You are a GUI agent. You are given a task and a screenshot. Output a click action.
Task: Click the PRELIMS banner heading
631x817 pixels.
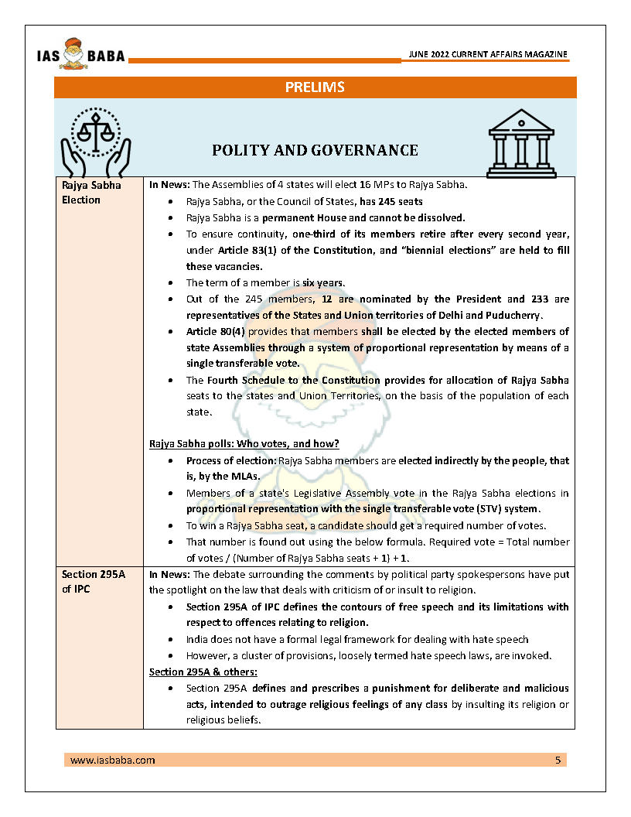315,87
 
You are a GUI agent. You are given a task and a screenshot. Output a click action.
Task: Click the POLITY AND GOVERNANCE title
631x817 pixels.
315,150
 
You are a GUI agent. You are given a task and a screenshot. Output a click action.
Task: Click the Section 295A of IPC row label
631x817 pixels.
90,582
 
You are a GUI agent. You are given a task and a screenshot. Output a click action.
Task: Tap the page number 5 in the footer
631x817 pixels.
558,760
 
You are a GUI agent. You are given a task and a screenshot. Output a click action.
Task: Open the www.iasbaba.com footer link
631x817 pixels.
112,760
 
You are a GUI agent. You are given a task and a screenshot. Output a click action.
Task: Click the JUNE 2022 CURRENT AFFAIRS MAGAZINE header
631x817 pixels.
487,54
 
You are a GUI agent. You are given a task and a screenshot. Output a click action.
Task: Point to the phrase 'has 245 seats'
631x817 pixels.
390,201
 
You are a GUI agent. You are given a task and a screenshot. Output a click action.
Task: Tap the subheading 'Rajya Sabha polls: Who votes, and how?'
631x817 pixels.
244,443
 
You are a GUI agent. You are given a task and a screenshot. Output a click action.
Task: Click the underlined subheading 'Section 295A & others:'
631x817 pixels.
203,672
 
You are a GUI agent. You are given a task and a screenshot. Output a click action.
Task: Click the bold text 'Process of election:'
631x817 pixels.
230,460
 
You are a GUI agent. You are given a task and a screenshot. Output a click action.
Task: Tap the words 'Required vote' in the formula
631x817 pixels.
493,542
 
